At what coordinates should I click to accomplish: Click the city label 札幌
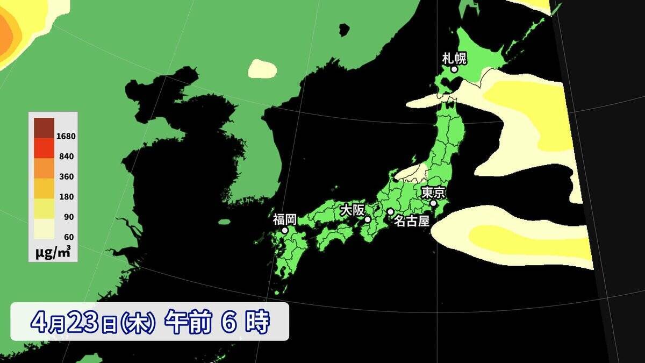coord(454,58)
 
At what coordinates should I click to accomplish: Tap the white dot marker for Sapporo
coord(454,69)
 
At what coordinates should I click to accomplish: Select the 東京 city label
coord(433,193)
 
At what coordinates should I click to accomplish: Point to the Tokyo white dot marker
coord(433,203)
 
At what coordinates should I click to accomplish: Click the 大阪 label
coord(352,210)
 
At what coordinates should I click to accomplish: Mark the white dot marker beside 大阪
coord(368,219)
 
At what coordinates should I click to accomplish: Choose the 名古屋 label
coord(411,221)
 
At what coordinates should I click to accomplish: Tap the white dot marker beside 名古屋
coord(390,212)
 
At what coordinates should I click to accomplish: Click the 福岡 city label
coord(284,219)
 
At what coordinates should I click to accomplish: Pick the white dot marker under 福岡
coord(285,230)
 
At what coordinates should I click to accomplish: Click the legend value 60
coord(69,237)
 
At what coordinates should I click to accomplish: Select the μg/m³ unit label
coord(53,252)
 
